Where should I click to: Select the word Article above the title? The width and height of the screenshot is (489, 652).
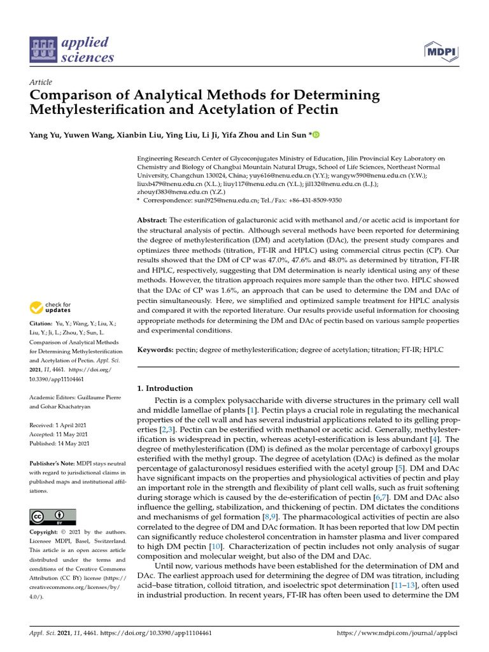(x=41, y=82)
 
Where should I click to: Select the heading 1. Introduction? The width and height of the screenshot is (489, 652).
(x=165, y=388)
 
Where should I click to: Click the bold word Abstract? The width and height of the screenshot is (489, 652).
(x=153, y=220)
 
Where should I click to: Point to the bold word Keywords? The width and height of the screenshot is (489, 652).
(x=155, y=350)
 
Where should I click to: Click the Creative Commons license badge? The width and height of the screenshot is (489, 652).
(x=52, y=516)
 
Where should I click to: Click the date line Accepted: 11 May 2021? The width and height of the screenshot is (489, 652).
(x=59, y=434)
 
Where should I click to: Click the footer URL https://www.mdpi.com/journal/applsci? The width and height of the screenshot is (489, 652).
(x=397, y=634)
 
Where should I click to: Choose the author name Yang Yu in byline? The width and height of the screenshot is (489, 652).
(x=45, y=134)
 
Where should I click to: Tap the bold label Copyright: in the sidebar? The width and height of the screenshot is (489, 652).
(x=46, y=532)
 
